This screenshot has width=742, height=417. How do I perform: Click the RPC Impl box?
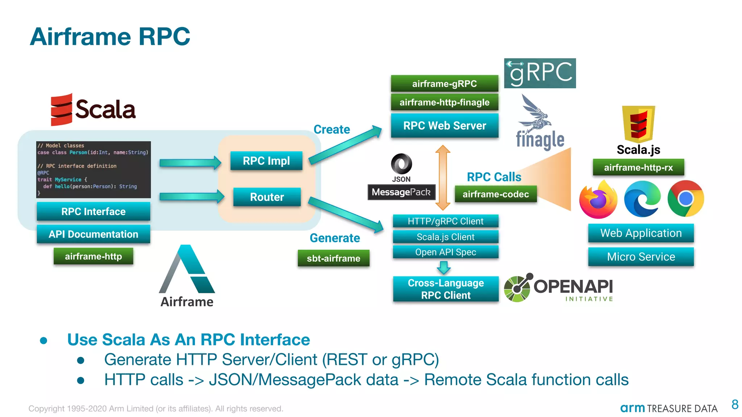point(266,161)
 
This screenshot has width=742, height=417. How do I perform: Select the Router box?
point(267,197)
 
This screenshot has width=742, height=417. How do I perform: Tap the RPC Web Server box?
point(445,126)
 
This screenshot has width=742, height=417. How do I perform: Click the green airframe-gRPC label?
point(445,84)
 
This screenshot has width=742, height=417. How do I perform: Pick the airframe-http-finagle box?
point(445,102)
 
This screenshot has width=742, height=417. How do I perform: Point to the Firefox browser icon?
point(598,199)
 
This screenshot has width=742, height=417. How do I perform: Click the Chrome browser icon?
point(685,199)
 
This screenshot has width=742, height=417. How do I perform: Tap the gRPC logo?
point(540,73)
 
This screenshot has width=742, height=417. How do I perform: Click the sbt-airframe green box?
point(333,258)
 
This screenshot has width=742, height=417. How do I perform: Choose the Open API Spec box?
point(446,252)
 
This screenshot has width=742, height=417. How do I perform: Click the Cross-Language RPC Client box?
point(446,289)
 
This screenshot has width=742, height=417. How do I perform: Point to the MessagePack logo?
point(401,192)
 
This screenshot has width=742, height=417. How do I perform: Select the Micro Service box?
point(641,257)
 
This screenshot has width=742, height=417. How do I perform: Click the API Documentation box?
point(93,234)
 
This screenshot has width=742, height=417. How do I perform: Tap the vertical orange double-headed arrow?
point(443,177)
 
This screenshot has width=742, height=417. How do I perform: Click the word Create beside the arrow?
point(332,130)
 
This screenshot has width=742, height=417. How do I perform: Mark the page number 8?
point(735,404)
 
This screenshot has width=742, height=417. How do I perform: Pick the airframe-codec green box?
point(496,194)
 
